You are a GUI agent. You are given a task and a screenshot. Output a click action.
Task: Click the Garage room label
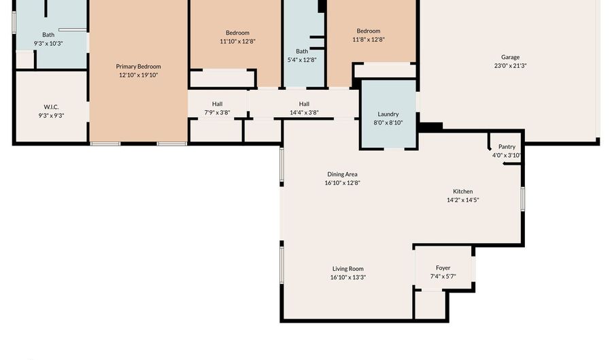tap(510, 57)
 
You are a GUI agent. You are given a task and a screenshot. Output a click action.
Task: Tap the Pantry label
tap(507, 146)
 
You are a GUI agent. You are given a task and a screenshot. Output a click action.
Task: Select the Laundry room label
tap(388, 114)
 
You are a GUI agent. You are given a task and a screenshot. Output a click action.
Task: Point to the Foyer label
tap(443, 268)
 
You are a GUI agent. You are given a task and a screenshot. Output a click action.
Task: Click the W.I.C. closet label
tap(51, 107)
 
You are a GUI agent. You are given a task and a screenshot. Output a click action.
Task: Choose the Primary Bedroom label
tap(138, 67)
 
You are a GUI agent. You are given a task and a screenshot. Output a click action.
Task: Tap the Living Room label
tap(347, 269)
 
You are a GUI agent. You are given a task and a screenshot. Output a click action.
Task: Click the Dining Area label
tap(342, 174)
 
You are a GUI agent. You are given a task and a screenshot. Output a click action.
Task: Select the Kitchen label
tap(463, 191)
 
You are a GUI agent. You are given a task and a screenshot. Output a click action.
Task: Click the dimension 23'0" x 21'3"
tap(510, 65)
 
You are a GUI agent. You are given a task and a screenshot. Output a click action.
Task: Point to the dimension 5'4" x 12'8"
tap(302, 60)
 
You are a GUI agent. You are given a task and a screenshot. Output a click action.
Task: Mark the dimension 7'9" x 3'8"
tap(217, 112)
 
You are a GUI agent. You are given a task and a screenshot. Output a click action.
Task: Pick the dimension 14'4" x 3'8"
tap(304, 112)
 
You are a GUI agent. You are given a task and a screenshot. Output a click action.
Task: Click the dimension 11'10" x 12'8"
tap(237, 41)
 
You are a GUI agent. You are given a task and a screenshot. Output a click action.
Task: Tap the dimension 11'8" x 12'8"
tap(369, 39)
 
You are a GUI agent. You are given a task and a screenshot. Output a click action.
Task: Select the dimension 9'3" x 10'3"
tap(48, 44)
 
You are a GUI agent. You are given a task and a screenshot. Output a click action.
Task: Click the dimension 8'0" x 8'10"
tap(388, 122)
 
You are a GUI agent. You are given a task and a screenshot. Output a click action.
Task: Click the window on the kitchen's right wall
tap(523, 199)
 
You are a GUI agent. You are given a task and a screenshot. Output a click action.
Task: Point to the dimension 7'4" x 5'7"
tap(443, 276)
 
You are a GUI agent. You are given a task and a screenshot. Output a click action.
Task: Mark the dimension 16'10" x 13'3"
tap(347, 277)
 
